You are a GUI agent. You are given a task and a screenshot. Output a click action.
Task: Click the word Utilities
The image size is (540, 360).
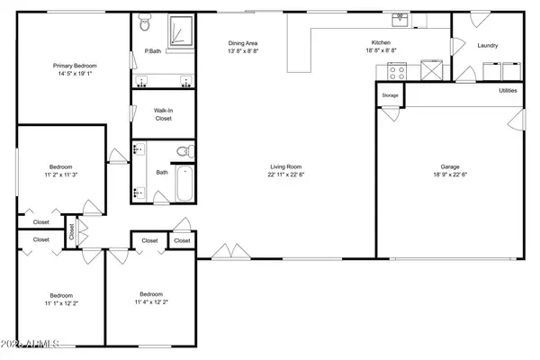tap(508, 90)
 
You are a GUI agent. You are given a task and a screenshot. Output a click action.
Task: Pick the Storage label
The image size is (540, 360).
tap(390, 94)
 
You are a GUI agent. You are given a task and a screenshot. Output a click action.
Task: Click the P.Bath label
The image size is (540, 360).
tap(152, 52)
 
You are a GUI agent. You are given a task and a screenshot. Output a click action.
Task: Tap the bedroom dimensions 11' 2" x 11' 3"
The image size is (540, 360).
tap(61, 175)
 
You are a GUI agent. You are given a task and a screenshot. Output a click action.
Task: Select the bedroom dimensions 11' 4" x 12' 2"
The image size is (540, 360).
tap(151, 302)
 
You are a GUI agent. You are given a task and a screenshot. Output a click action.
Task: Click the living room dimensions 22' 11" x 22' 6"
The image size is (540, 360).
tap(284, 174)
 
